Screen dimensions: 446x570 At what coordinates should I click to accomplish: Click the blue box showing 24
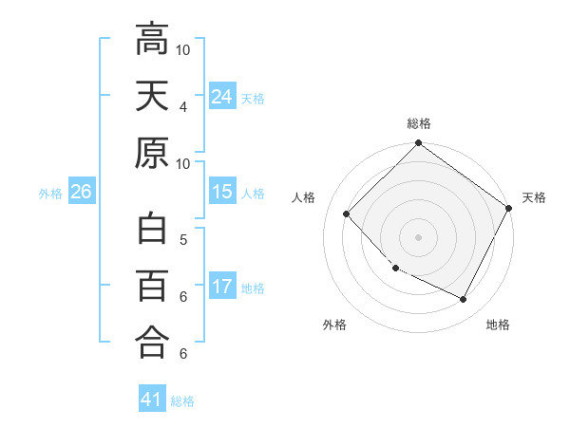[222, 96]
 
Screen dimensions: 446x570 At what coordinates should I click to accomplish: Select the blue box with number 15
[222, 193]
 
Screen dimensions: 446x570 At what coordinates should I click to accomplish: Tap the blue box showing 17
[222, 287]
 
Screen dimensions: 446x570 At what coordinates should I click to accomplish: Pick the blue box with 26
[81, 193]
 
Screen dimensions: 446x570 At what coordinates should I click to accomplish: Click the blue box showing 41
[152, 400]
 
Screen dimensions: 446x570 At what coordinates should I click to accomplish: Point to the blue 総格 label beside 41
[182, 401]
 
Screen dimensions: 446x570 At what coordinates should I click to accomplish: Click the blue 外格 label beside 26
[50, 194]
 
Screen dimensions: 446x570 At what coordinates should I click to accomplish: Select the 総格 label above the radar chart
[419, 123]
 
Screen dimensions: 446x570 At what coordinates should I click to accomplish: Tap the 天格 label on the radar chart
[534, 197]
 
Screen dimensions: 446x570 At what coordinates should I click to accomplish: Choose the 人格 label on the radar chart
[304, 197]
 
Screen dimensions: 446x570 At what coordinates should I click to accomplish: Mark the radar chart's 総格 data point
[419, 144]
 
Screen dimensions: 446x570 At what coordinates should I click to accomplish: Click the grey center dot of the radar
[419, 236]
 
